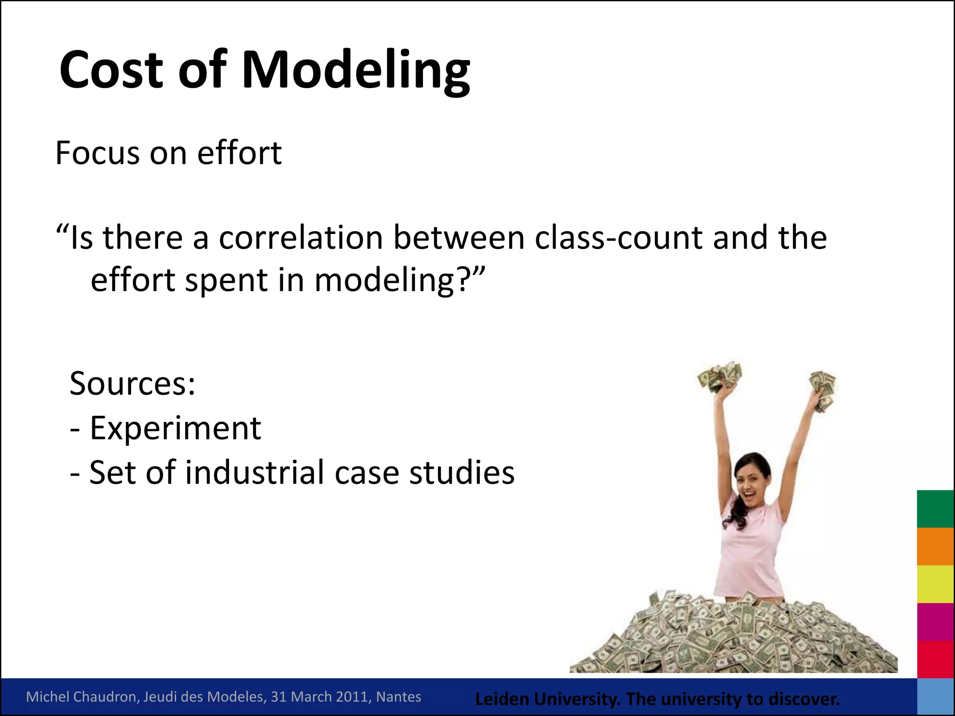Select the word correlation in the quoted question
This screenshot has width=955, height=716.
click(x=301, y=238)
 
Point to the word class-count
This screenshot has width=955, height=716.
click(x=619, y=238)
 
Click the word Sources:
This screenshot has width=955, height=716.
click(x=132, y=383)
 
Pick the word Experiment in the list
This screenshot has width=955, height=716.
click(x=175, y=428)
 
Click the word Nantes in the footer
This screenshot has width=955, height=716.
click(x=398, y=696)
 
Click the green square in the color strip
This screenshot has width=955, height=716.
click(x=935, y=509)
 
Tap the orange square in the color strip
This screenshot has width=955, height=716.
click(x=935, y=546)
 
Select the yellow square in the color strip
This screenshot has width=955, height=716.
click(x=935, y=584)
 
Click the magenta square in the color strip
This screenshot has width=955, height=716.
click(x=935, y=622)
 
